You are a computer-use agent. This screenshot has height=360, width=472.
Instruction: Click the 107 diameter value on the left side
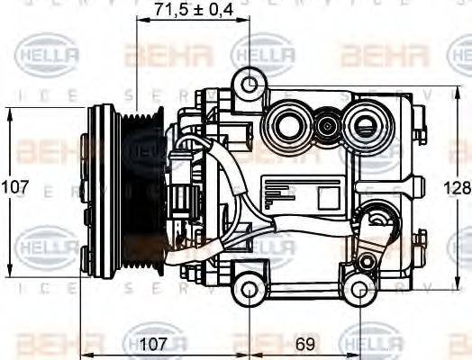pyautogui.click(x=14, y=188)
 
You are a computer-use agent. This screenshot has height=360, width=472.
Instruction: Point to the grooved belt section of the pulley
pyautogui.click(x=142, y=189)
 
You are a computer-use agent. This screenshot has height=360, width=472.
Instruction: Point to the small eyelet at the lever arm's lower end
pyautogui.click(x=365, y=262)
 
